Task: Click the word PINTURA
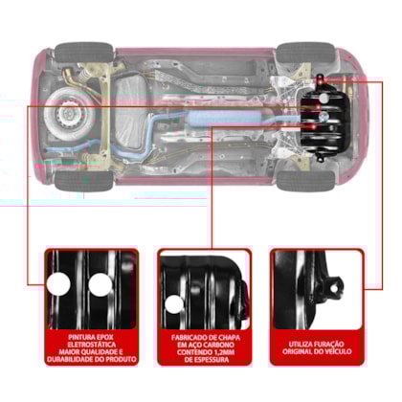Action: [x=81, y=337]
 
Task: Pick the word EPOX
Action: [x=105, y=337]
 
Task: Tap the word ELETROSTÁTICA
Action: [x=92, y=345]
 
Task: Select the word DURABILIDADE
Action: [x=67, y=360]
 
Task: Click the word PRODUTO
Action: [x=121, y=360]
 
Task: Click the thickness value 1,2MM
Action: [x=224, y=352]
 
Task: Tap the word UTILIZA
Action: [x=301, y=345]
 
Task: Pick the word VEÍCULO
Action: [x=339, y=351]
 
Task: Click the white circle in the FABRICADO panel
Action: [x=174, y=304]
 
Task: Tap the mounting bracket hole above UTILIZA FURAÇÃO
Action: [x=334, y=288]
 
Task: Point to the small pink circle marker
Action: [x=37, y=166]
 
